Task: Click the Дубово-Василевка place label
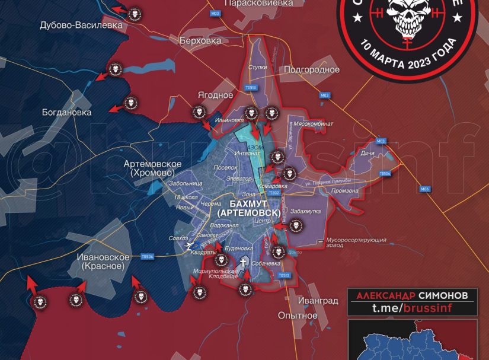tap(81, 26)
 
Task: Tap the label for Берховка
tap(200, 41)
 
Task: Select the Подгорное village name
tap(312, 69)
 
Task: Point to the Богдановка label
tap(67, 112)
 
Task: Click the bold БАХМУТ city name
tap(248, 203)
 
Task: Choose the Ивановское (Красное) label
tap(103, 262)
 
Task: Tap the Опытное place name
tap(298, 315)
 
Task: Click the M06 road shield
tap(424, 189)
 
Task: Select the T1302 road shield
tap(273, 193)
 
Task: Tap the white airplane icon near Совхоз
tap(190, 246)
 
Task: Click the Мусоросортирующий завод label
tap(357, 243)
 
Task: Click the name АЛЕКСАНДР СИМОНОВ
tap(411, 295)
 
